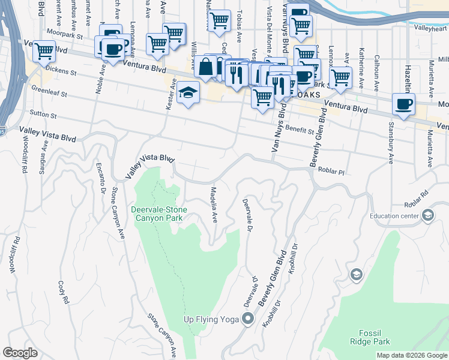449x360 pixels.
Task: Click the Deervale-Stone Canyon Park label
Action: [159, 214]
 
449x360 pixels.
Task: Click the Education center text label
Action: [393, 216]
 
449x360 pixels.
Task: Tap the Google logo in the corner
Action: [20, 353]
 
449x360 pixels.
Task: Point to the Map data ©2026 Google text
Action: [412, 355]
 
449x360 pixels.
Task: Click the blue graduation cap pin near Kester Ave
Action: [188, 93]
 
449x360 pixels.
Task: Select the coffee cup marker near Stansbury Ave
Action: [403, 104]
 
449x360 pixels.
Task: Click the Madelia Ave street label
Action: [213, 204]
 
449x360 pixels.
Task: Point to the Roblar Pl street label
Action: [331, 172]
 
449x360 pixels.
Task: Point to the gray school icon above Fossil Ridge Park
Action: [357, 274]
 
